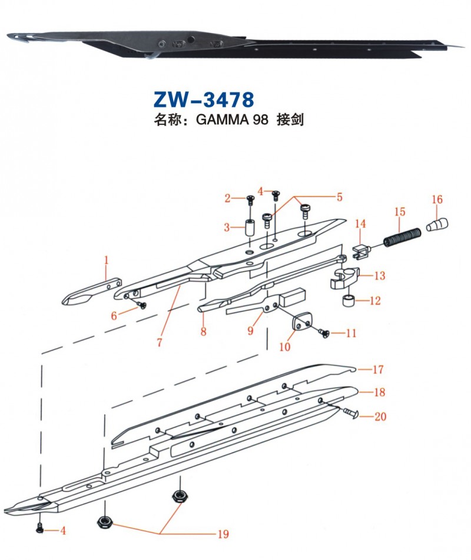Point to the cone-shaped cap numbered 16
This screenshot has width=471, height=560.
coord(437,225)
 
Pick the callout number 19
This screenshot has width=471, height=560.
coord(223,535)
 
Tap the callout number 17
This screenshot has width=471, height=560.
coord(378,370)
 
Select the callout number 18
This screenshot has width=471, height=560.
coord(378,392)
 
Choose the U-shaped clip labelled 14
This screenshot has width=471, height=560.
coord(360,252)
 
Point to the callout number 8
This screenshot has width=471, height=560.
coord(203,331)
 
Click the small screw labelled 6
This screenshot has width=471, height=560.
coord(141,305)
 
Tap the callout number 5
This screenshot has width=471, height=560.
coord(339,197)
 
